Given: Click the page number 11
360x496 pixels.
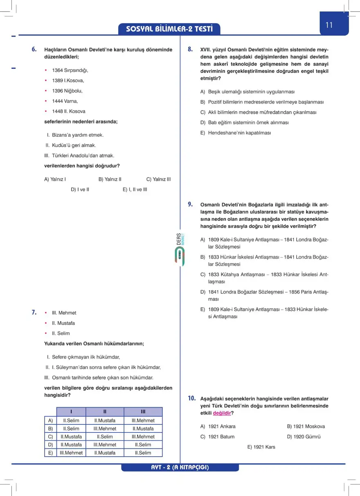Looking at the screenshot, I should [x=329, y=25].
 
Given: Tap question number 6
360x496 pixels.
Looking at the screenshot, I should [x=34, y=50].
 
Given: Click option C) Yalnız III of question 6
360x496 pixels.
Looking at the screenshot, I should [x=158, y=179].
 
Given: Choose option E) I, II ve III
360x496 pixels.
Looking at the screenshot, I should [x=135, y=189].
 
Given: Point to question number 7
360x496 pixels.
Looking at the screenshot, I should [x=34, y=313].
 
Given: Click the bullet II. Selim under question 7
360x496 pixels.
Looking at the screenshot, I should [x=61, y=334].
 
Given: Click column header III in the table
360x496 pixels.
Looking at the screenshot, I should [x=143, y=412].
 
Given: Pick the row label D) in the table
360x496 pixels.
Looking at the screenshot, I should [x=50, y=444].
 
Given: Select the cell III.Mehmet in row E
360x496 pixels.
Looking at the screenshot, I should [x=71, y=453].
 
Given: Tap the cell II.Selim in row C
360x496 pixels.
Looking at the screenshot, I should [x=105, y=437].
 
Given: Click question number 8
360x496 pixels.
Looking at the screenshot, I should [x=190, y=50].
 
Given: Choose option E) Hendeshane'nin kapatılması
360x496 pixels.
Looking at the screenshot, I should [x=235, y=133].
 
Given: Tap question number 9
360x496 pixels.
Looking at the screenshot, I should [x=190, y=205].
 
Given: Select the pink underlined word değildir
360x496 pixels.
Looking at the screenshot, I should [x=222, y=413].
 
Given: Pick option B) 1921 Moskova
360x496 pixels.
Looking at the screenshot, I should [x=306, y=426].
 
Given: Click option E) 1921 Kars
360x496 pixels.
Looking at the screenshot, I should [x=261, y=447].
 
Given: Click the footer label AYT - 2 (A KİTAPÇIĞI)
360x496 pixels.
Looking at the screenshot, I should [x=180, y=467].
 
